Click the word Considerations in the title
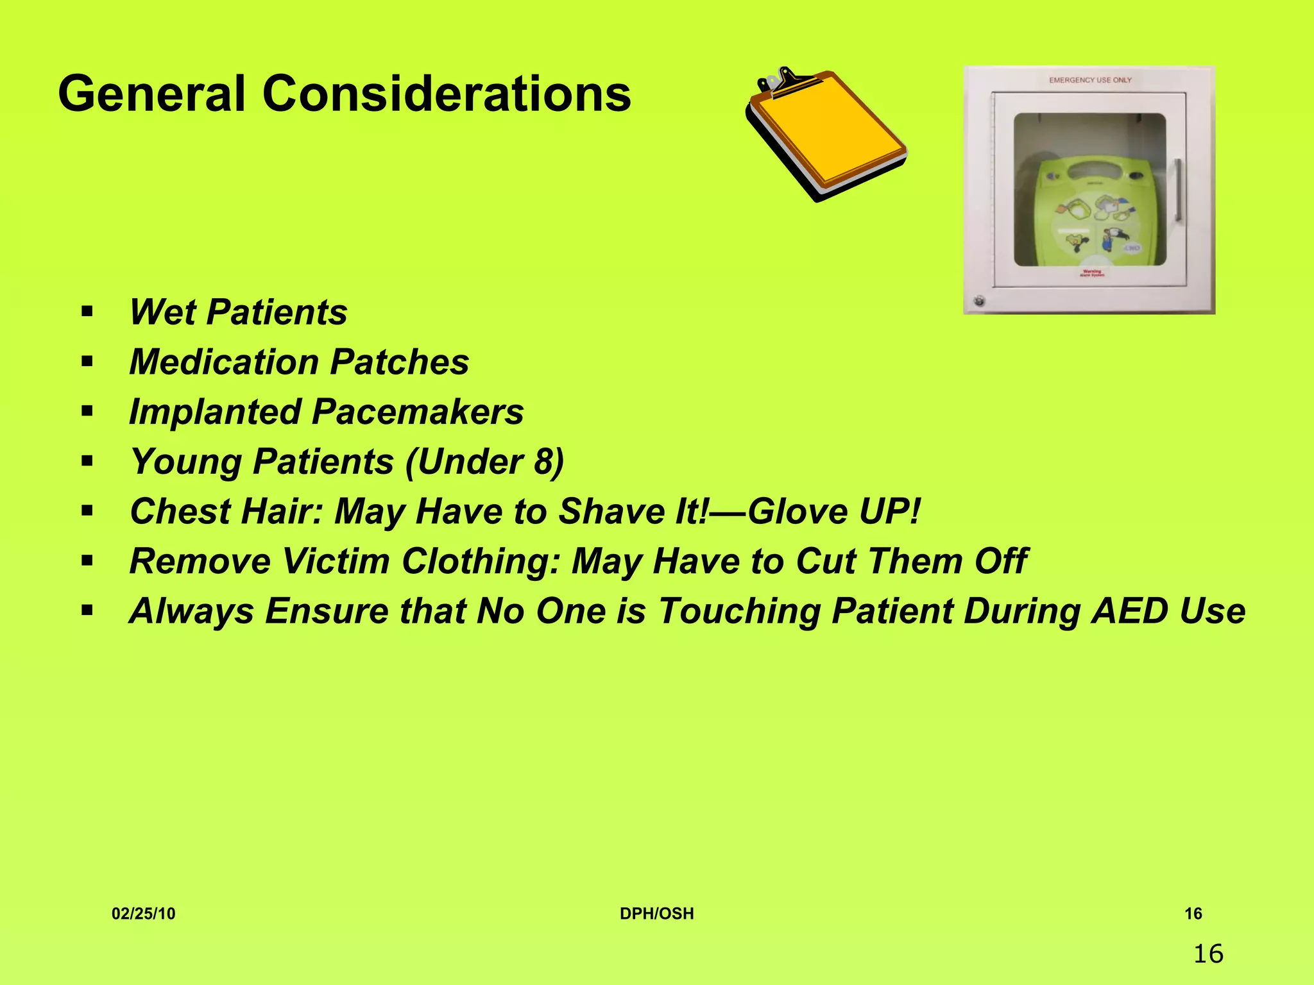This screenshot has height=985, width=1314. pyautogui.click(x=447, y=94)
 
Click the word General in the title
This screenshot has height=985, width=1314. pyautogui.click(x=152, y=94)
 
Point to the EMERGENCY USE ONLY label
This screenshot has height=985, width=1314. pyautogui.click(x=1090, y=80)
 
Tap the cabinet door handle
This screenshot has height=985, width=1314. pyautogui.click(x=1177, y=190)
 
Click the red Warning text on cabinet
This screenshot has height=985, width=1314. pyautogui.click(x=1091, y=273)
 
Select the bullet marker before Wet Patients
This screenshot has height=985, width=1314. pyautogui.click(x=87, y=312)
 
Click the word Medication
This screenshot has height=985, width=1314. pyautogui.click(x=224, y=362)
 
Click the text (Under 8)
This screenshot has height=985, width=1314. pyautogui.click(x=484, y=462)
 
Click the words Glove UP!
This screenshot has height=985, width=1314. pyautogui.click(x=833, y=512)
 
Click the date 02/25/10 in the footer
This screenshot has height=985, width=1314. pyautogui.click(x=143, y=914)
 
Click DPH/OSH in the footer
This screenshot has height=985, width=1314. pyautogui.click(x=656, y=914)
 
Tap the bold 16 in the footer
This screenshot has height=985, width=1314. pyautogui.click(x=1193, y=914)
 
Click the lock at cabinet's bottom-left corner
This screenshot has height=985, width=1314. pyautogui.click(x=979, y=300)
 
